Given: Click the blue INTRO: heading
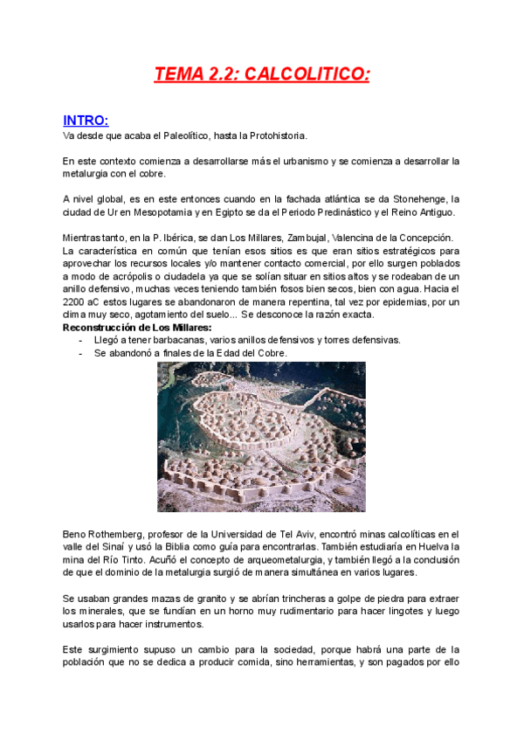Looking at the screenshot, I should (x=86, y=121).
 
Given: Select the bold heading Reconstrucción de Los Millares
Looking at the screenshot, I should (x=137, y=327).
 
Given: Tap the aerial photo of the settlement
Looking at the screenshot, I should (x=261, y=437).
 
